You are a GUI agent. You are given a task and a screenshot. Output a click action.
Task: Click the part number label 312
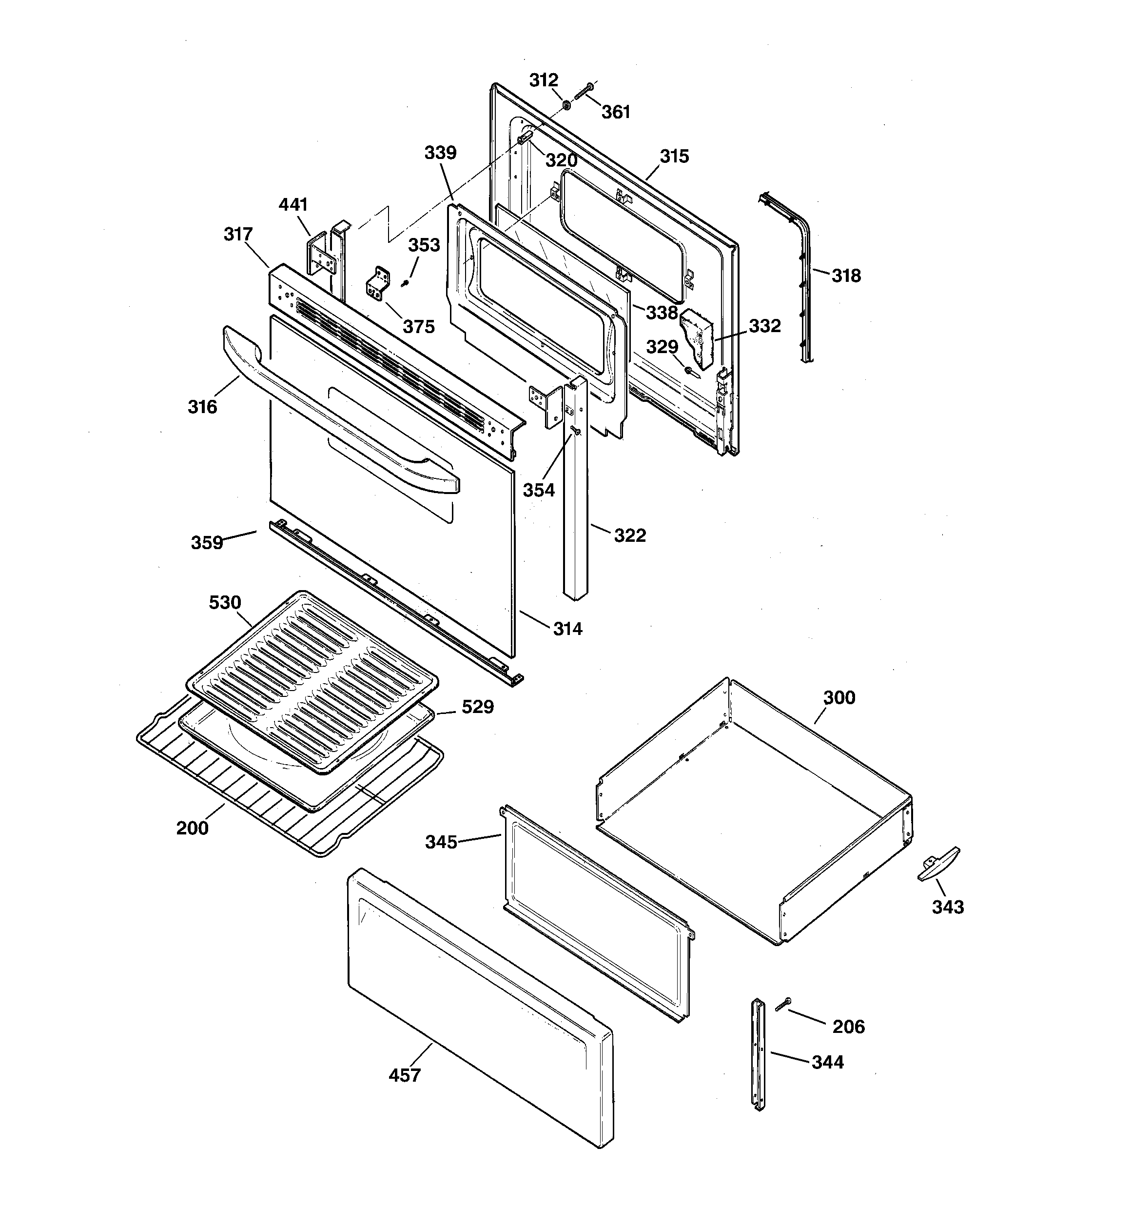pos(544,80)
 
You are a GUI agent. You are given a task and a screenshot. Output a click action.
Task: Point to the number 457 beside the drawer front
pos(404,1075)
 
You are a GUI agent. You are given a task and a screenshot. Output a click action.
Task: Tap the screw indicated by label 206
pos(782,1004)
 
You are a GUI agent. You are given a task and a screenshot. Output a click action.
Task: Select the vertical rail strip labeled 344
pos(759,1053)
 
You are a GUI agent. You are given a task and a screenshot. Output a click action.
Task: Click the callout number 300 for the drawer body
pos(839,697)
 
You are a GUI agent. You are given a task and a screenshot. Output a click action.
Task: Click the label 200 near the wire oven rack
pos(192,828)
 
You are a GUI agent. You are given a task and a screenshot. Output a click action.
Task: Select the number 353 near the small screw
pos(424,245)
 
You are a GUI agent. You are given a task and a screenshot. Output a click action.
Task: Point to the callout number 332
pos(764,326)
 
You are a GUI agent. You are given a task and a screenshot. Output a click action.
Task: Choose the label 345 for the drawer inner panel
pos(441,842)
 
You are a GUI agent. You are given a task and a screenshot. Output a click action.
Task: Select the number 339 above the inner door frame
pos(440,152)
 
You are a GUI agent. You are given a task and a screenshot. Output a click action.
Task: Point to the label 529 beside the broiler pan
pos(478,707)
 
